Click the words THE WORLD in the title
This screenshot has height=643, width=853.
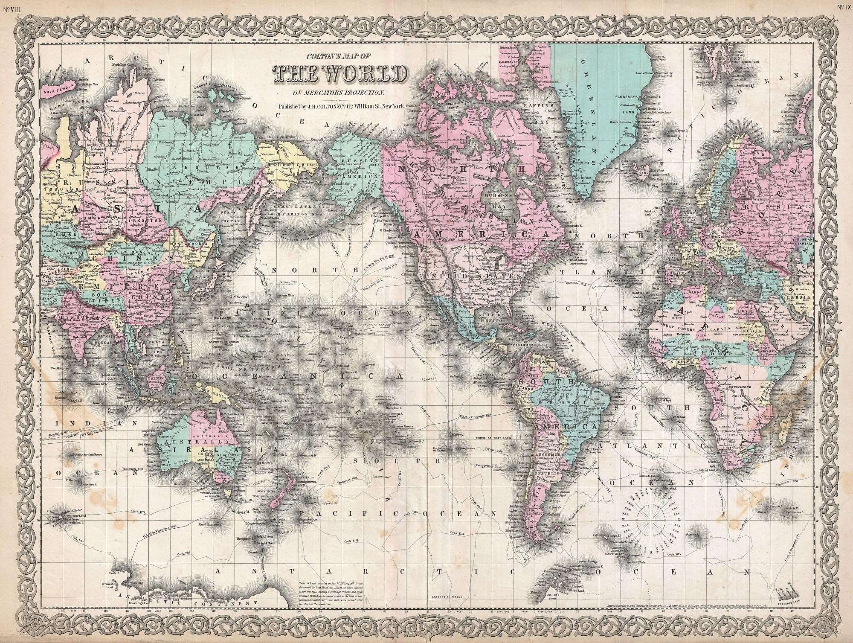click(337, 74)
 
